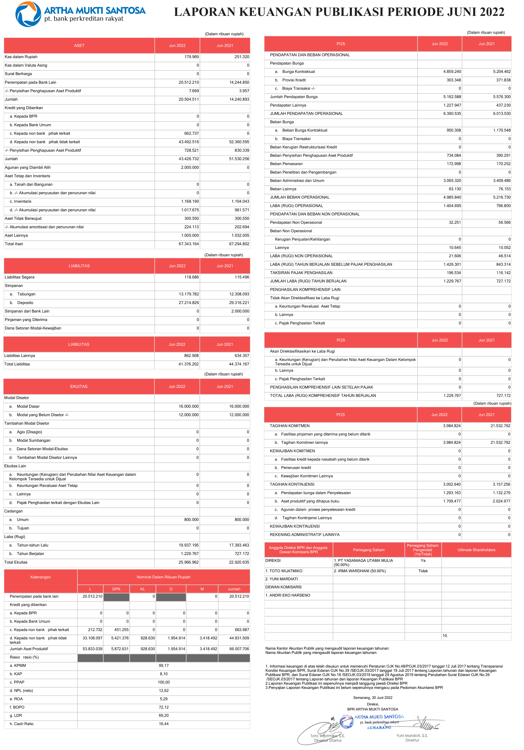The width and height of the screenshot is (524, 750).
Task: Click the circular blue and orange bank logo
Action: [28, 14]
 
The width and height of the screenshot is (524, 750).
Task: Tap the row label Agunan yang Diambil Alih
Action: [28, 168]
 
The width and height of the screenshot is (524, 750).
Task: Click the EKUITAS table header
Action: [79, 386]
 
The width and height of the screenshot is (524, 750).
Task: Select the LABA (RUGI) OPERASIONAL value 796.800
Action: [503, 206]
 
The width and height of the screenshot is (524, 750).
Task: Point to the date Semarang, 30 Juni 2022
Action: [373, 697]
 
